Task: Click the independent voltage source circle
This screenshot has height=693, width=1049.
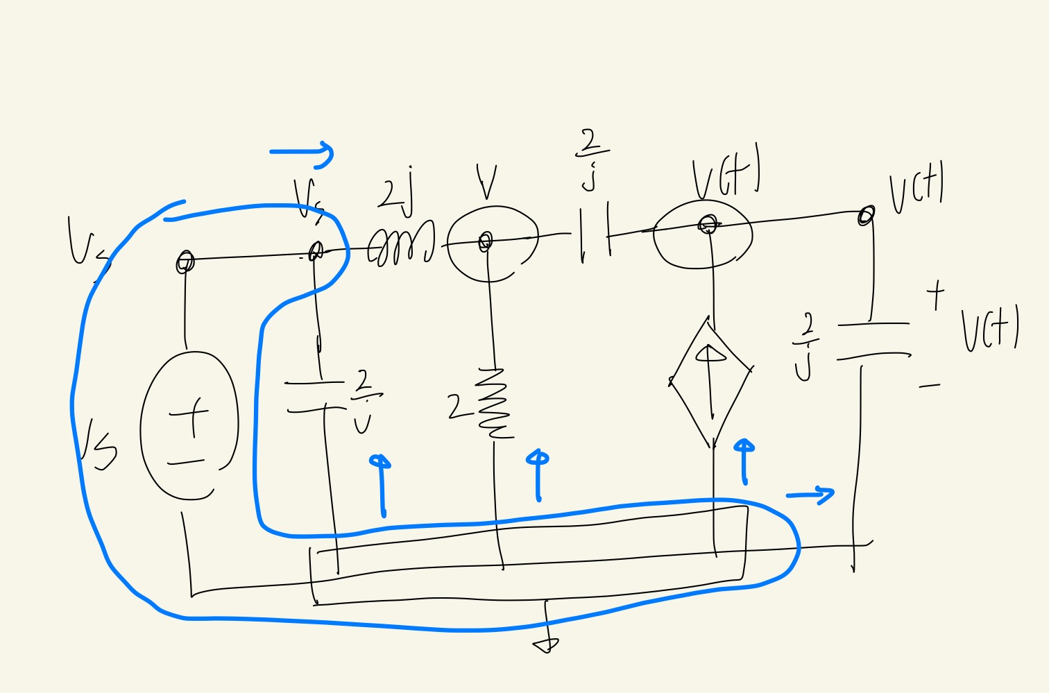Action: [189, 425]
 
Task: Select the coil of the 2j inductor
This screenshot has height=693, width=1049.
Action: [401, 244]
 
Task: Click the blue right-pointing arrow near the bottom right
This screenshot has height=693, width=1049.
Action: [810, 495]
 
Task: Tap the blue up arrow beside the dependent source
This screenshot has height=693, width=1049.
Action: [744, 461]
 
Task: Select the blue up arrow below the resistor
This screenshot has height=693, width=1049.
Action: [538, 475]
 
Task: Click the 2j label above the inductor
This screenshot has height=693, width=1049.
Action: [396, 189]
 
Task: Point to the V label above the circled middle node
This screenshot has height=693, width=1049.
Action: [488, 182]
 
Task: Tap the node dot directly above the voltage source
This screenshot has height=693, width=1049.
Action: [185, 262]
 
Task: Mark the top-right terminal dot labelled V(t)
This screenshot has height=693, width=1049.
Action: [865, 216]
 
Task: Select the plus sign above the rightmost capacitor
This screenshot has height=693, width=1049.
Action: [935, 294]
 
